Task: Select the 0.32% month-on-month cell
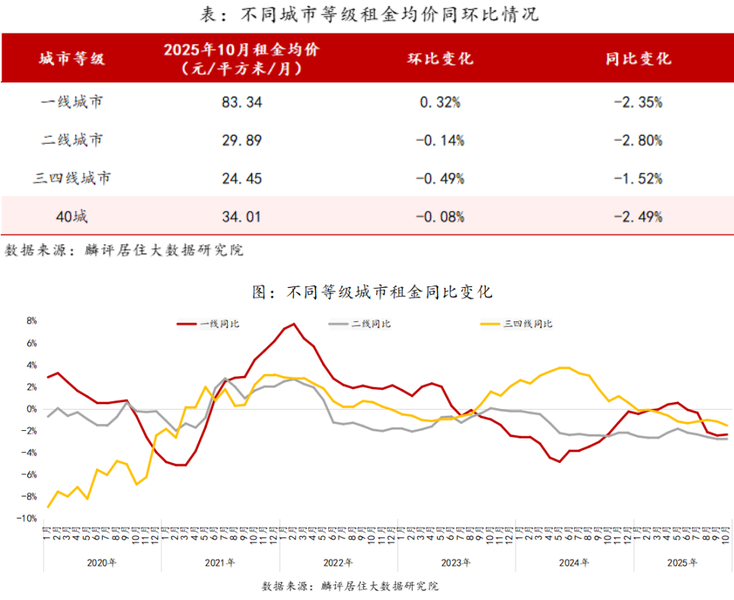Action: pos(441,102)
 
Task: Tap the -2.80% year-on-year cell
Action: pos(638,140)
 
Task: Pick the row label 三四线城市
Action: pos(72,178)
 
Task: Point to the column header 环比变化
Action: pos(441,59)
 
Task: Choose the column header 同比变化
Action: pos(638,59)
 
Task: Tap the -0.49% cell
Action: pos(441,178)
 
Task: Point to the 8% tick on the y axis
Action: pos(31,321)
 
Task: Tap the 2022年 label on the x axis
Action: pos(337,563)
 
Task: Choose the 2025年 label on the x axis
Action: pos(682,563)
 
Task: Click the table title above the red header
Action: pos(368,14)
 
